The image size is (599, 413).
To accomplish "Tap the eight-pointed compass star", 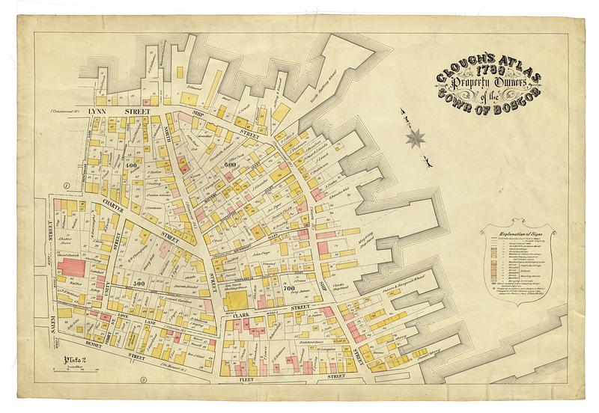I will (x=416, y=138).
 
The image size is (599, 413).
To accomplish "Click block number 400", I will (x=132, y=165).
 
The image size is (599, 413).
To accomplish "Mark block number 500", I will (x=139, y=285).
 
